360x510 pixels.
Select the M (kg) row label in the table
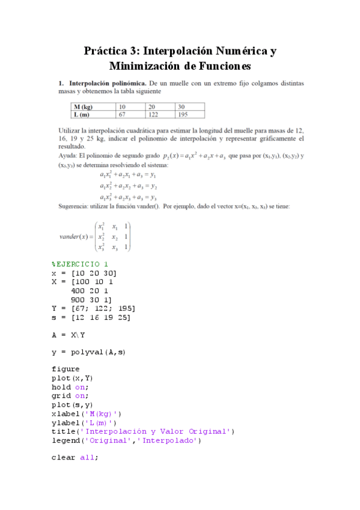point(83,106)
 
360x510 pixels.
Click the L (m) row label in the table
point(82,114)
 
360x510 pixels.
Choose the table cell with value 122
point(152,114)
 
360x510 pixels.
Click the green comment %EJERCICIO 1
point(80,264)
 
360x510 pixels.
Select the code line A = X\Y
point(69,335)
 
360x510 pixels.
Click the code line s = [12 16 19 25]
point(91,318)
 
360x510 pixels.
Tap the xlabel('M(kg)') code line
point(87,414)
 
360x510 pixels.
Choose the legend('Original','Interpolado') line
point(126,440)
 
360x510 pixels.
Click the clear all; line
point(75,458)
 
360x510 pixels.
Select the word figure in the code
point(66,369)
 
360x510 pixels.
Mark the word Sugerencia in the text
point(76,206)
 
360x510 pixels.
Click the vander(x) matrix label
point(75,236)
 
